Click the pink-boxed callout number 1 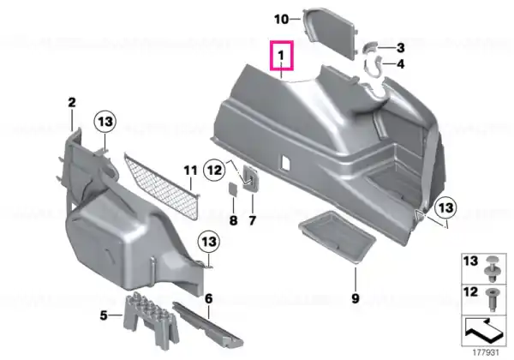pos(281,55)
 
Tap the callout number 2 pos(72,103)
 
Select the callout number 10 pos(282,20)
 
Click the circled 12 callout pos(215,171)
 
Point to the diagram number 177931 pos(486,353)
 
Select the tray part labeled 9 pos(337,236)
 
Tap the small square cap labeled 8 pos(233,189)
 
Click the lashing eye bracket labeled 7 pos(250,177)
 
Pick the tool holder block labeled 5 pos(151,321)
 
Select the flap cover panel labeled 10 pos(329,32)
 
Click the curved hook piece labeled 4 pos(374,66)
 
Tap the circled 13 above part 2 pos(105,122)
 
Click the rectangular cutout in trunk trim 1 pos(284,162)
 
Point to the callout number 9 pos(356,298)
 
